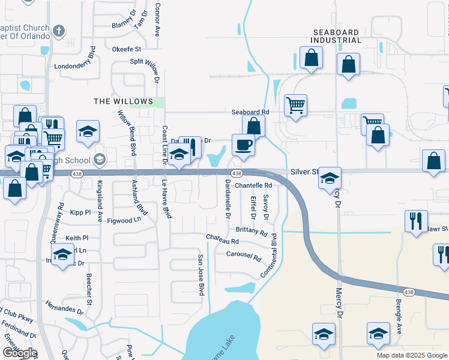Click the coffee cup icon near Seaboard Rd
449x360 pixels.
point(243,145)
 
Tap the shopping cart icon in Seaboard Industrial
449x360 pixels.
point(295,105)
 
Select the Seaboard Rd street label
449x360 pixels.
point(250,112)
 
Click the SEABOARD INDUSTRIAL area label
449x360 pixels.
point(336,36)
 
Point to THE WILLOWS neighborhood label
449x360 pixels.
point(123,101)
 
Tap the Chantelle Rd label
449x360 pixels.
point(253,185)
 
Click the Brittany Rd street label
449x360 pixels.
point(252,230)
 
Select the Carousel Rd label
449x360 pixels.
point(244,256)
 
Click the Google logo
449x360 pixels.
point(19,353)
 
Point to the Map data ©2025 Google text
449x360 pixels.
point(412,355)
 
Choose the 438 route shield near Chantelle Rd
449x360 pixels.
point(237,173)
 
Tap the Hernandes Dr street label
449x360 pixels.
point(63,307)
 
